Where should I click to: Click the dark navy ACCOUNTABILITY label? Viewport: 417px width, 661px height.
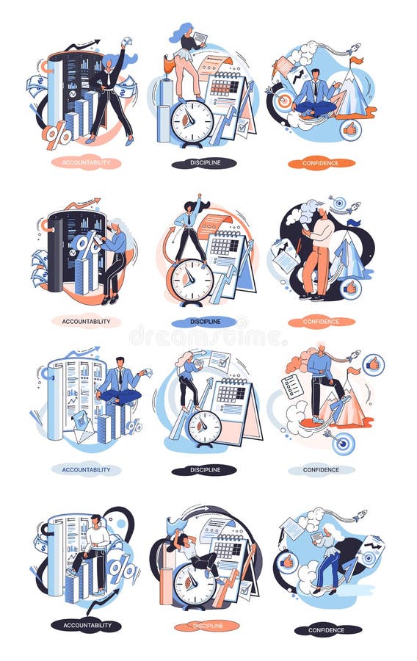coord(86,625)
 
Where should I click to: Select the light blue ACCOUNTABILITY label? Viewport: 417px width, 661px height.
coord(86,469)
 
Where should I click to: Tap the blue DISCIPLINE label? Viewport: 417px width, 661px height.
coord(203,321)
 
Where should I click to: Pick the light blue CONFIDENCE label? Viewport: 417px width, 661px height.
coord(321,469)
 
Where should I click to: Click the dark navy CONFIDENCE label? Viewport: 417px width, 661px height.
coord(327,629)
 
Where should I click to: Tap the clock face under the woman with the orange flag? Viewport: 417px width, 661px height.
coord(192,121)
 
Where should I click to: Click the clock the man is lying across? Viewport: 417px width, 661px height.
coord(195,584)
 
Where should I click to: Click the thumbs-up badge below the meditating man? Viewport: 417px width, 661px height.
coord(350,130)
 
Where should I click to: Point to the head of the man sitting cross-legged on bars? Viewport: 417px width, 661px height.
coord(119,364)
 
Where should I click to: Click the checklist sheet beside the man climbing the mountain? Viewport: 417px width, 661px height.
coord(292,385)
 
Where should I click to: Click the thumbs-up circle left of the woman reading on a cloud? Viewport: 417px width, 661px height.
coord(288,562)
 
